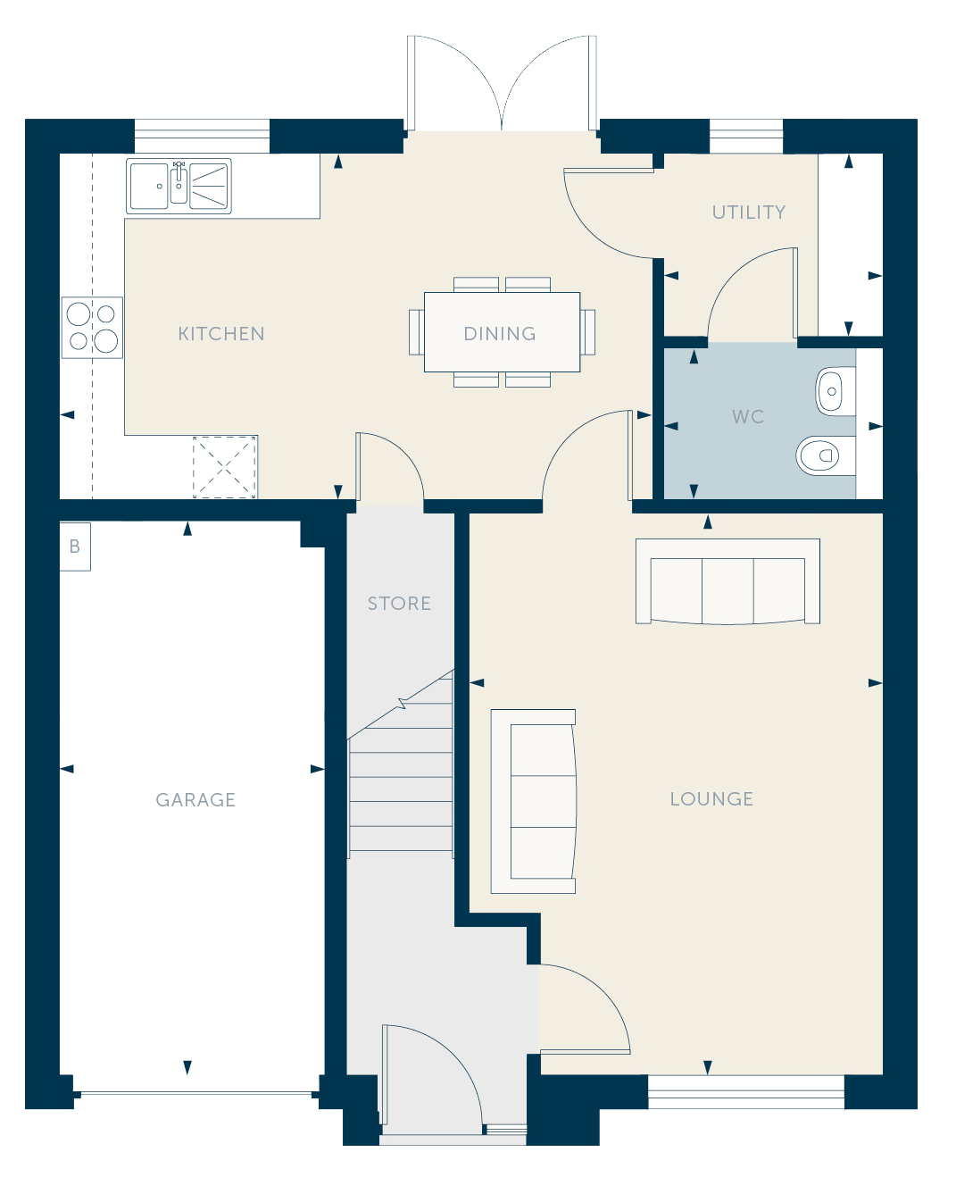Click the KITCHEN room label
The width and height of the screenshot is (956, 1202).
(221, 333)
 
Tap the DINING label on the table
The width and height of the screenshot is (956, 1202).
(500, 333)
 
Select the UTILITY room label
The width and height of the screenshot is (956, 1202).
(749, 213)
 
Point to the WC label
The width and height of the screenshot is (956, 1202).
(748, 416)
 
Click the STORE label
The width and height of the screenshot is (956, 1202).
(399, 604)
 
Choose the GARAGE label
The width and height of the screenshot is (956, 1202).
(195, 800)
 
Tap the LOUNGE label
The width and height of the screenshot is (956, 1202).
(711, 798)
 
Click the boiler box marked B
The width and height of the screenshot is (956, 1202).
(75, 547)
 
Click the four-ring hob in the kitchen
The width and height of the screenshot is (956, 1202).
(92, 328)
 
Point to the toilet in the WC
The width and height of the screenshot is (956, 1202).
(826, 455)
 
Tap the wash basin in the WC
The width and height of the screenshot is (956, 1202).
(835, 391)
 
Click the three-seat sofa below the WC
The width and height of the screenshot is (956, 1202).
(727, 581)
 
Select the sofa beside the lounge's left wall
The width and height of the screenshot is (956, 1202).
(534, 801)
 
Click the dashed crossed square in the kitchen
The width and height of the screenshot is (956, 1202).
(224, 467)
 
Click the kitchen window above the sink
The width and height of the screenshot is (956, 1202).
(202, 136)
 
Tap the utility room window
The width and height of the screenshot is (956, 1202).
(746, 136)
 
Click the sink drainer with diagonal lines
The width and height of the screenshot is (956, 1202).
(210, 186)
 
